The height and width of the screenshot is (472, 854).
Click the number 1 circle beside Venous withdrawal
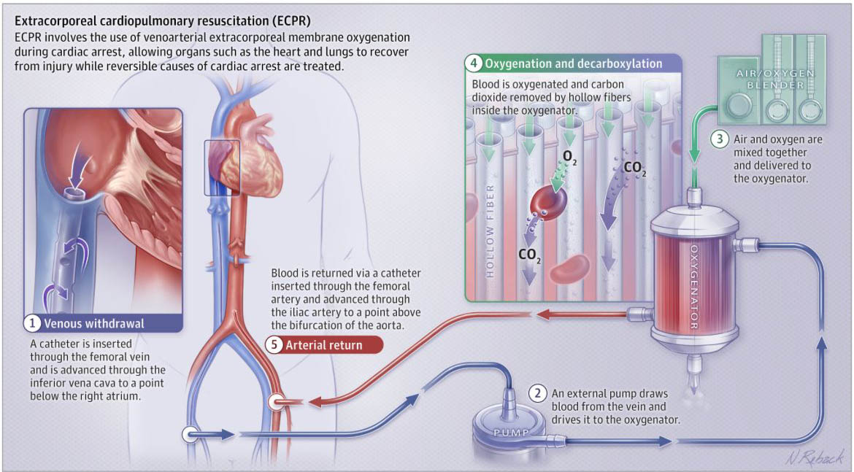pos(33,322)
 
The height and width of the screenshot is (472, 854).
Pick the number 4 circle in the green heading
pos(475,63)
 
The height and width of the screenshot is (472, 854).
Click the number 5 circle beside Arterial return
pos(274,345)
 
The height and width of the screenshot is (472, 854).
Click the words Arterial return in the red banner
pos(323,345)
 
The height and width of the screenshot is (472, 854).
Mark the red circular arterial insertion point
pos(277,401)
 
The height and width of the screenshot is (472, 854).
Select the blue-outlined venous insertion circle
pos(191,435)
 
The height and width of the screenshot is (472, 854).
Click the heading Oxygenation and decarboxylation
pos(574,63)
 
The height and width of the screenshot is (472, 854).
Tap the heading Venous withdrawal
pos(94,322)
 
